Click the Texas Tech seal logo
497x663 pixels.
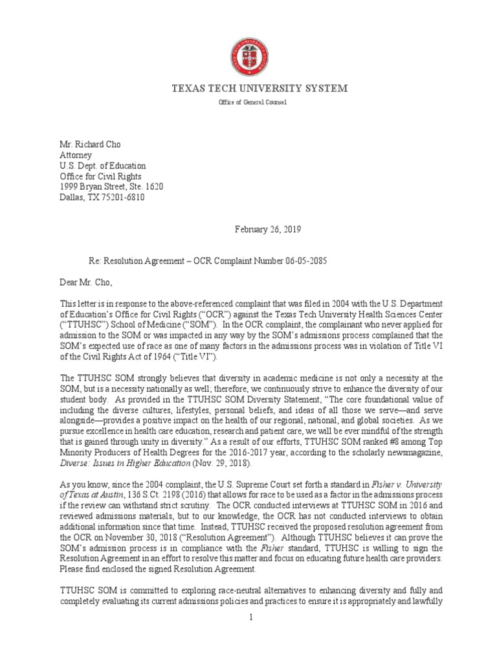click(x=248, y=57)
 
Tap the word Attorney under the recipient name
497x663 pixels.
click(x=76, y=155)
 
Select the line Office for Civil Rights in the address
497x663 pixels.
click(x=100, y=176)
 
